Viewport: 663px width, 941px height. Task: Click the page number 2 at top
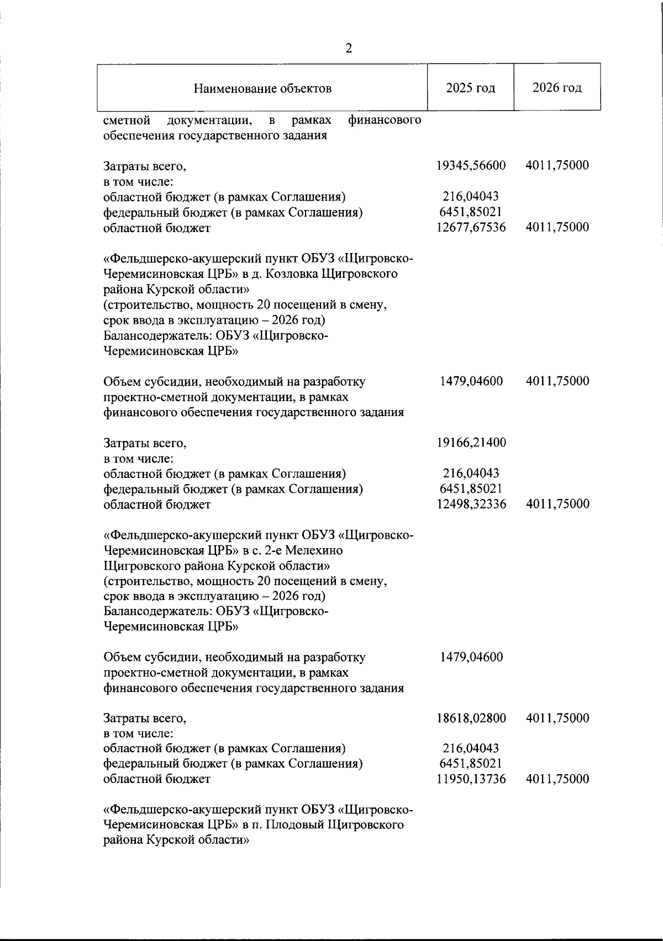click(x=349, y=48)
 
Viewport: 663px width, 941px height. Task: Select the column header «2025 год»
click(x=471, y=88)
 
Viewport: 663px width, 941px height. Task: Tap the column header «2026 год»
click(x=557, y=88)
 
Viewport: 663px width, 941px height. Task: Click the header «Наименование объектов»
click(x=262, y=88)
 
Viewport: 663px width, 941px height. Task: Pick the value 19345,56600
click(x=471, y=166)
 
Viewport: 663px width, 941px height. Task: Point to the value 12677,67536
click(x=471, y=227)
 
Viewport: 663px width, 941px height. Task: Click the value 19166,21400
click(x=471, y=443)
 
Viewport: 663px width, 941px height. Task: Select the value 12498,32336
click(x=471, y=504)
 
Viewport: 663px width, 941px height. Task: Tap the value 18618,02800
click(x=471, y=718)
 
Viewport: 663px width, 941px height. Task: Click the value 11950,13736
click(x=471, y=779)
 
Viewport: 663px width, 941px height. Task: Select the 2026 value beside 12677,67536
click(x=557, y=227)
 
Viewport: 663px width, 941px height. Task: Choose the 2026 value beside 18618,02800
click(x=557, y=718)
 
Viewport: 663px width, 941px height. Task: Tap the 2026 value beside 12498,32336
click(x=557, y=504)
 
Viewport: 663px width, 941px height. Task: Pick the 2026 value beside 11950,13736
click(x=557, y=779)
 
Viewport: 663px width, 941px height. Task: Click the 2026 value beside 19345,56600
click(x=557, y=166)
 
